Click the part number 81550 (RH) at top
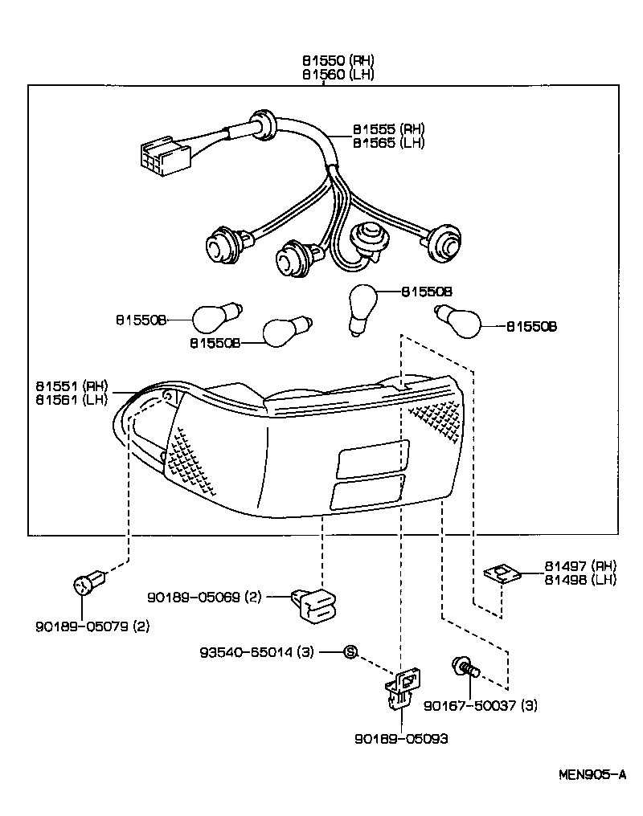338,60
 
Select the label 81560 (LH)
338,75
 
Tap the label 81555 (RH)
388,129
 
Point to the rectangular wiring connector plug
160,156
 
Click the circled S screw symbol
350,651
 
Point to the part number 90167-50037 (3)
481,705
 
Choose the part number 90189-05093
399,738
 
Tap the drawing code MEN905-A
593,775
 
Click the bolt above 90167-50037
465,667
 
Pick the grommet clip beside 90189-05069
316,602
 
